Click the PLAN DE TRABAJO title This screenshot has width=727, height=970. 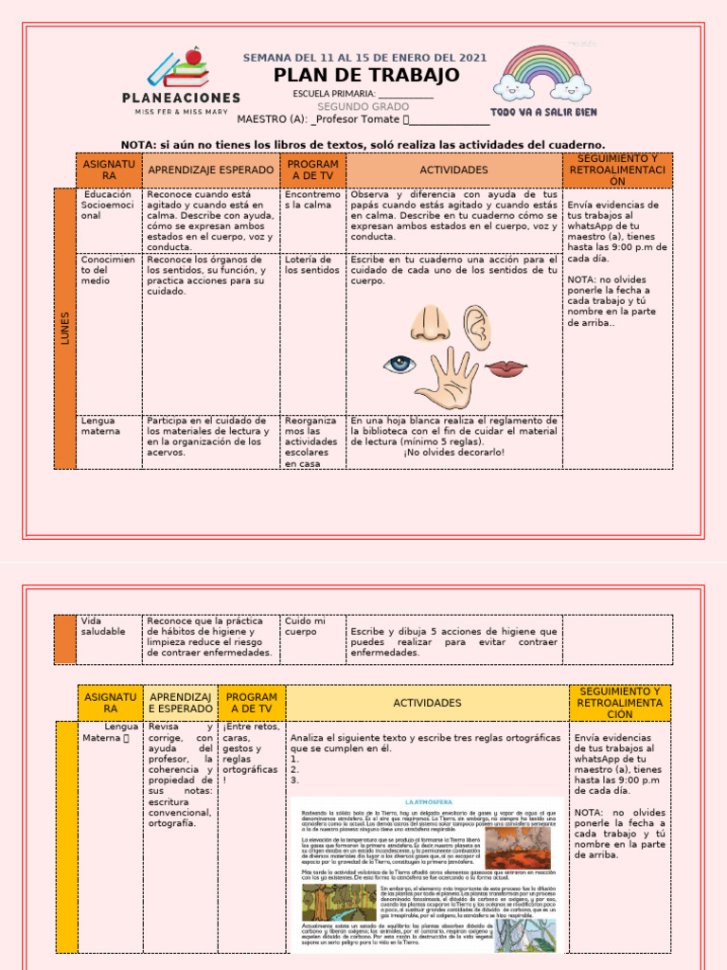366,76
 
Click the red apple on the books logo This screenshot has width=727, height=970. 194,56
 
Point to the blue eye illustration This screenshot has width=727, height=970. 399,364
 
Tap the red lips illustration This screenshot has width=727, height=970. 506,367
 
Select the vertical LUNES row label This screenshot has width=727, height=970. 65,328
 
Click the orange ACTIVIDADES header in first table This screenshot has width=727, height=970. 453,171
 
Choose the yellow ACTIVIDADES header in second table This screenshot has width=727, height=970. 427,703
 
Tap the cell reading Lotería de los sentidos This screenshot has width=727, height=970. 311,265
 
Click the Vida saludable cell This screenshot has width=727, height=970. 102,626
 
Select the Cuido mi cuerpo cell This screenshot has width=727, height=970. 305,626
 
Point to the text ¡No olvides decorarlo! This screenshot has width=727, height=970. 453,452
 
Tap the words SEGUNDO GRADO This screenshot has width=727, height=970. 363,107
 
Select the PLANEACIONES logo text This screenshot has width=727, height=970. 181,98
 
